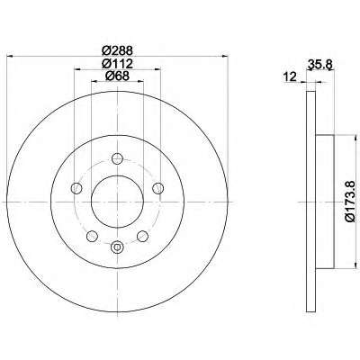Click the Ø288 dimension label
[117, 50]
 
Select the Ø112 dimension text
[117, 63]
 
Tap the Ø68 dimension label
[117, 76]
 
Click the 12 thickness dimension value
[290, 76]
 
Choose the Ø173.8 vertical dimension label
[352, 202]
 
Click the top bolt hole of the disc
[117, 158]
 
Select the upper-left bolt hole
[76, 188]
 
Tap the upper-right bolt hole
[157, 188]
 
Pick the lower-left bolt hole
[92, 236]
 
